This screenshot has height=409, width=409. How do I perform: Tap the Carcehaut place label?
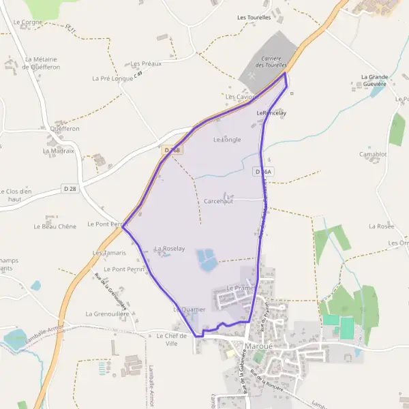pyautogui.click(x=218, y=202)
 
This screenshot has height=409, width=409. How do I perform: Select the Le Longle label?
pyautogui.click(x=227, y=140)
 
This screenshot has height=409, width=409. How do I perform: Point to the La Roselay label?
pyautogui.click(x=169, y=249)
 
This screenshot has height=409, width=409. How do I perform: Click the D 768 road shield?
pyautogui.click(x=173, y=150)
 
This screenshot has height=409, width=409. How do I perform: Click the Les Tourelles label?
pyautogui.click(x=254, y=17)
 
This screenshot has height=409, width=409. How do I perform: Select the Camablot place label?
pyautogui.click(x=373, y=154)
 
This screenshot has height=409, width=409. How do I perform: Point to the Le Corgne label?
pyautogui.click(x=27, y=22)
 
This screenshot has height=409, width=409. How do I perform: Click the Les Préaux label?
pyautogui.click(x=147, y=63)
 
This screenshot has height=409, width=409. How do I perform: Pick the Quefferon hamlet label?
pyautogui.click(x=65, y=128)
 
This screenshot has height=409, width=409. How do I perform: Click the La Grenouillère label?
pyautogui.click(x=107, y=314)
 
